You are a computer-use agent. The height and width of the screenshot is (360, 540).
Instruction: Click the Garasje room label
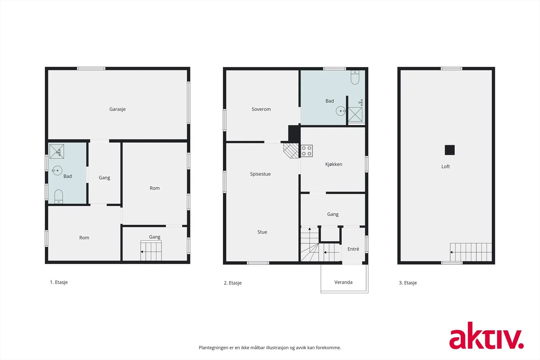click(x=117, y=109)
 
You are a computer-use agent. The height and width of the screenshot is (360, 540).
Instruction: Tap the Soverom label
click(x=261, y=109)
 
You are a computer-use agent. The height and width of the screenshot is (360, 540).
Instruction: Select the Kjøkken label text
click(x=334, y=164)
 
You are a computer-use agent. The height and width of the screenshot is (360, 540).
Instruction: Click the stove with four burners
click(x=307, y=151)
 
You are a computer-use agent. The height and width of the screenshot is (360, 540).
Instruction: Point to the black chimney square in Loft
click(x=450, y=150)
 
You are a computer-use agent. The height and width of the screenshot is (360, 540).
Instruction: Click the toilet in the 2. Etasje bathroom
click(x=355, y=77)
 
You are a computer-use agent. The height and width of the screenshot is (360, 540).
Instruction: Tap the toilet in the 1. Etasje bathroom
click(x=59, y=197)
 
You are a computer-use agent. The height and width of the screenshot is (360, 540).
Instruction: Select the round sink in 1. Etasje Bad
click(x=57, y=170)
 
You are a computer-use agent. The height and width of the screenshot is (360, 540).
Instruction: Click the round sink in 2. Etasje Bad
click(x=341, y=111)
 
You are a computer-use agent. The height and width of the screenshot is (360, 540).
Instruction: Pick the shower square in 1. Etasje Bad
click(x=57, y=151)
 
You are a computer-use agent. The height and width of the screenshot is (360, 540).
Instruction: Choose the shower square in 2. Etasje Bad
click(x=355, y=114)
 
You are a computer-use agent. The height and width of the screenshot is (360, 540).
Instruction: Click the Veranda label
click(x=343, y=282)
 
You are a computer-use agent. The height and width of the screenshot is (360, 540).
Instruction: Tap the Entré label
click(x=353, y=249)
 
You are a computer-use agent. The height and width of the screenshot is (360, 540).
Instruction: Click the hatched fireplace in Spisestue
click(x=291, y=150)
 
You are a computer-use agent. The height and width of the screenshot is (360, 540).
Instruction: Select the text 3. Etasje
click(x=408, y=283)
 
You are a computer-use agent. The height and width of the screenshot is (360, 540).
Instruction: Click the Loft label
click(x=446, y=167)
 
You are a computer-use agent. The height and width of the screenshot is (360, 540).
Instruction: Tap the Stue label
click(x=262, y=232)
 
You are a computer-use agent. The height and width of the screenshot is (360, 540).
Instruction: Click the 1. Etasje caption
click(x=59, y=282)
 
